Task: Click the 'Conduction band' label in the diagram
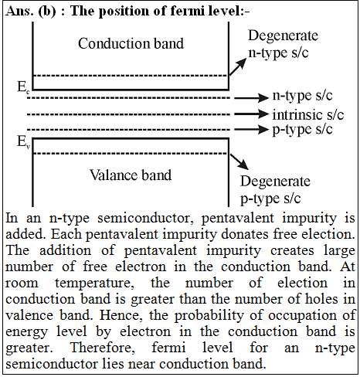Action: tap(131, 43)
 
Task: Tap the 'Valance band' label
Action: tap(131, 175)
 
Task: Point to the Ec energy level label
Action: tap(23, 87)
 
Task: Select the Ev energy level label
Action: tap(23, 142)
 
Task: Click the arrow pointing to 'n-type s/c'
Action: tap(251, 98)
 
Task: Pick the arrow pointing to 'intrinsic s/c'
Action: tap(251, 114)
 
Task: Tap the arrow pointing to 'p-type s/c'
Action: tap(251, 129)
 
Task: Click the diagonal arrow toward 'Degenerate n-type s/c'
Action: tap(238, 66)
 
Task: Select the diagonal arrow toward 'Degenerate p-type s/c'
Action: tap(239, 161)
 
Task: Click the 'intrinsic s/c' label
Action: tap(308, 115)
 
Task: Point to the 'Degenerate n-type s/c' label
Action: tap(283, 44)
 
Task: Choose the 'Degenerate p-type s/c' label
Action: tap(275, 190)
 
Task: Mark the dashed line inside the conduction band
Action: tap(131, 76)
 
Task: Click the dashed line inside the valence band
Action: tap(131, 154)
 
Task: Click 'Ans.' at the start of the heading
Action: tap(19, 12)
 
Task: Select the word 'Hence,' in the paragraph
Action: tap(121, 315)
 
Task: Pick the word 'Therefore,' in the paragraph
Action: tap(103, 348)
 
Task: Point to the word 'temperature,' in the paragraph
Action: tap(94, 284)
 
